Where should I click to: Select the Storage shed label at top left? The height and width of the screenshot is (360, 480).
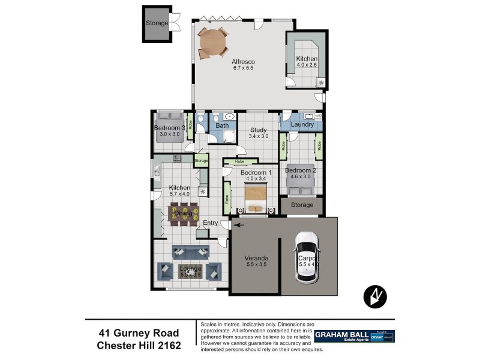tap(157, 23)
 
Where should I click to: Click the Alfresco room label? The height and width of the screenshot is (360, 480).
tap(244, 62)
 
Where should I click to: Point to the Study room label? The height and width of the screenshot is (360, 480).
tap(259, 129)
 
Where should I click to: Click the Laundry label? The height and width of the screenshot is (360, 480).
tap(302, 125)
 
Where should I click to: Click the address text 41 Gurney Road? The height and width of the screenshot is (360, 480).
tap(139, 332)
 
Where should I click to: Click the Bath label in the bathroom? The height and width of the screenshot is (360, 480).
tap(222, 125)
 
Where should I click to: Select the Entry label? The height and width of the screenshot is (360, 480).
tap(210, 223)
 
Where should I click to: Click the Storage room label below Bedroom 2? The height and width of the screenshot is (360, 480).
tap(302, 205)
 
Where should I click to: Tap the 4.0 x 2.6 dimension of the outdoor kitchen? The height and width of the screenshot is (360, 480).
tap(307, 64)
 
